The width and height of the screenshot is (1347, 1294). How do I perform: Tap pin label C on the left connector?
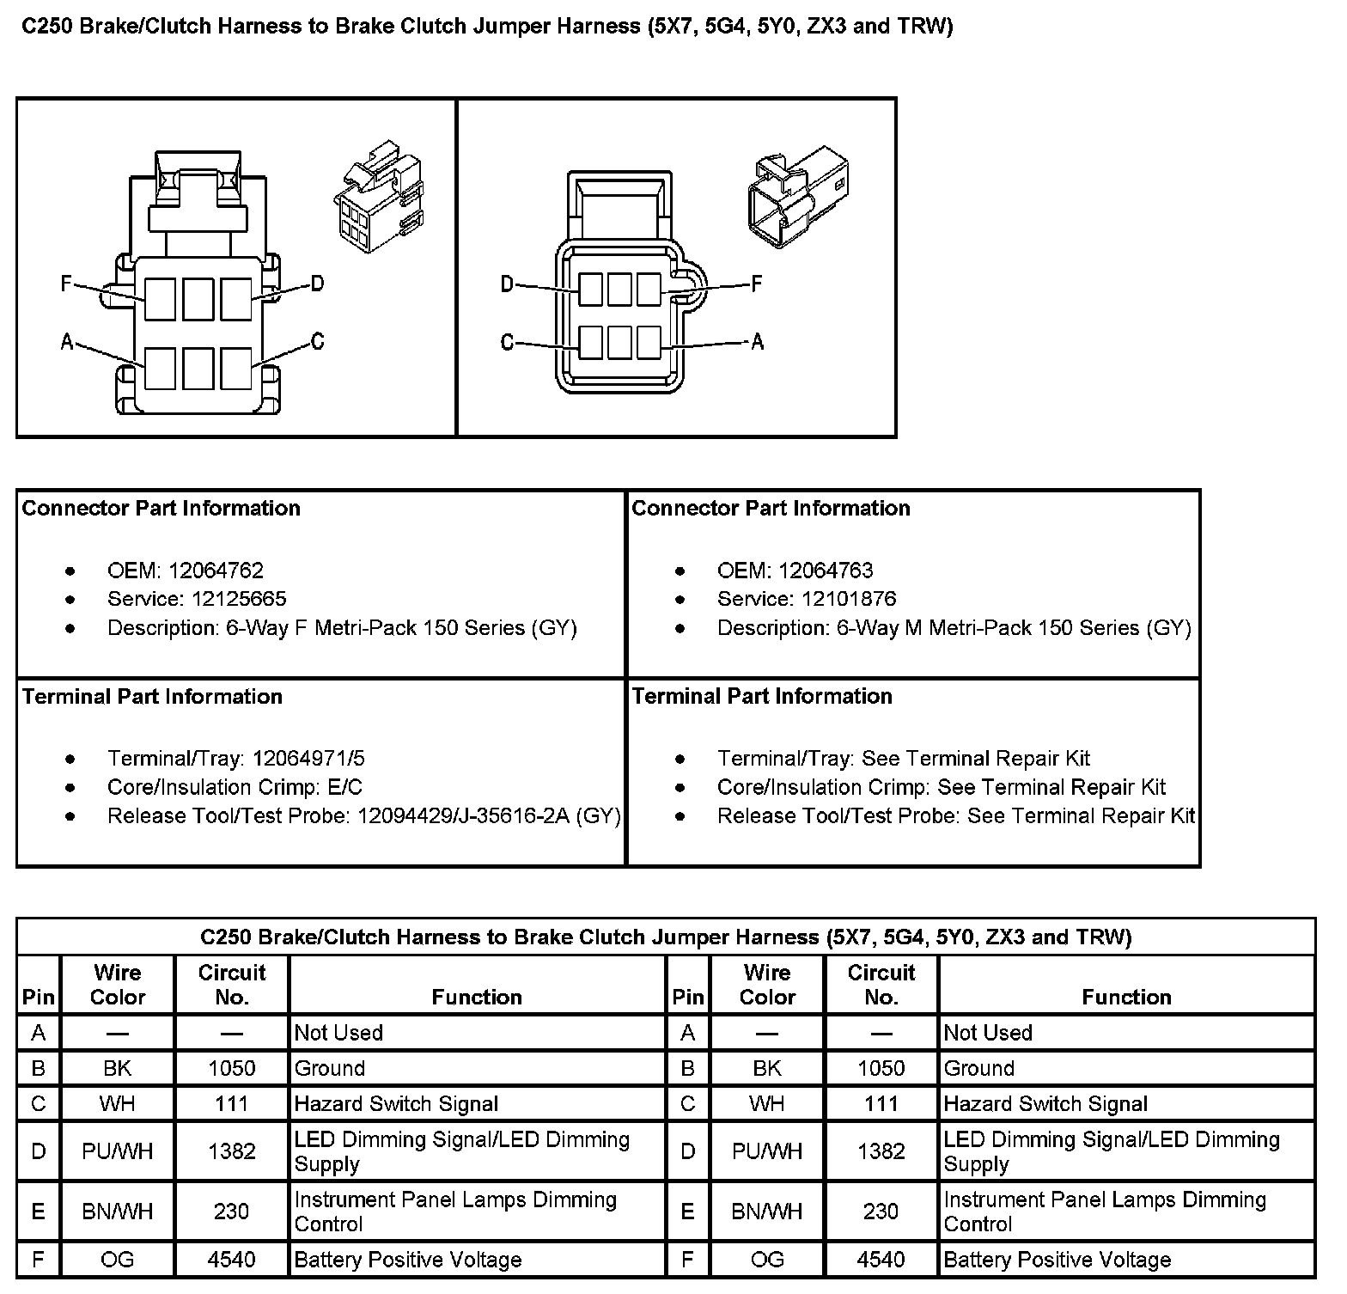(x=317, y=341)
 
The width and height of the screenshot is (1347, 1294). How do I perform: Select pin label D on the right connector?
(x=507, y=284)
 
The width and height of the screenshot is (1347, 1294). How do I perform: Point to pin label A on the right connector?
(x=757, y=342)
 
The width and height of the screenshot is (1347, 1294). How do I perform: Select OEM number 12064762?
(x=216, y=571)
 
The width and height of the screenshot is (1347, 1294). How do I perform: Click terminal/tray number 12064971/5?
(x=308, y=759)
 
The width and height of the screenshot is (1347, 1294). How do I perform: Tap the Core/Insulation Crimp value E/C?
(x=344, y=787)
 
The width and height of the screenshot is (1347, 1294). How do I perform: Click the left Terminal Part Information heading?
(x=153, y=696)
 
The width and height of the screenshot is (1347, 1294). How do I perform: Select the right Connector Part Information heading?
(x=771, y=508)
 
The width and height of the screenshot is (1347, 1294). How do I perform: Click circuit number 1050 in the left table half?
(x=231, y=1068)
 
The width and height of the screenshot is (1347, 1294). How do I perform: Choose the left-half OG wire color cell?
(x=117, y=1260)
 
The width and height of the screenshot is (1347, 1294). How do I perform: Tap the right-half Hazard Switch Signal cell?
(x=1045, y=1104)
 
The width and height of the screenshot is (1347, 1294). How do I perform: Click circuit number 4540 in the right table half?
(x=881, y=1260)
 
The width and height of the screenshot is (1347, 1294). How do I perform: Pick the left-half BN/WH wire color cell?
(x=117, y=1212)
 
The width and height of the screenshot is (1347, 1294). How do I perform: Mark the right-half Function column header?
(x=1125, y=997)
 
